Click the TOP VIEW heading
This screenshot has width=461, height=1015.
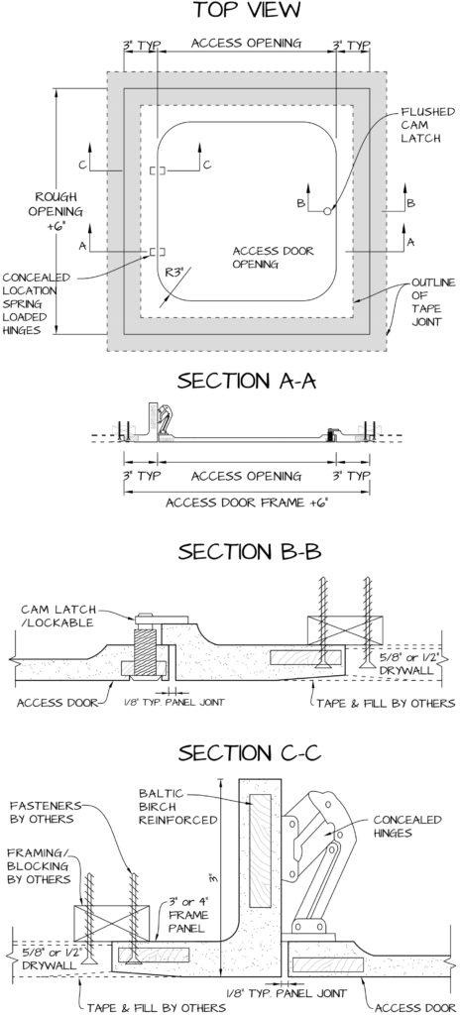coord(246,10)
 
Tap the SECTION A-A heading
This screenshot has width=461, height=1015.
coord(246,381)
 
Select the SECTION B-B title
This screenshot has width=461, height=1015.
coord(249,552)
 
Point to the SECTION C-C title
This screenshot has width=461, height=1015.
coord(250,753)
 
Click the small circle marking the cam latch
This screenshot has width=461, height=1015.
coord(327,210)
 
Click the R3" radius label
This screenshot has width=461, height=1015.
coord(174,273)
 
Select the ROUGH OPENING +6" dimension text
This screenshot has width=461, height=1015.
coord(58,211)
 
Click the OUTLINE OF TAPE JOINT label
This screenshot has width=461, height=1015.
coord(433,302)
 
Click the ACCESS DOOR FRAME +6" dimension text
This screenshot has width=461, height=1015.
coord(246,503)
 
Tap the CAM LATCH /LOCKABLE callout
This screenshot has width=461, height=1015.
coord(58,615)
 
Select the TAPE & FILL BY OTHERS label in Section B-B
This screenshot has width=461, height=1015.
coord(386,703)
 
